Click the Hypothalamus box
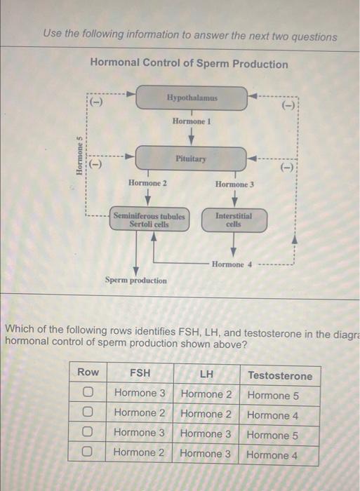(x=191, y=98)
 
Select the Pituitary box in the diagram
(x=191, y=159)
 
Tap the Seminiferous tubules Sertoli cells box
(x=149, y=220)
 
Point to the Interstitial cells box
(x=233, y=220)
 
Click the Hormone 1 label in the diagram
(x=192, y=122)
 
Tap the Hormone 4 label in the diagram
(x=228, y=264)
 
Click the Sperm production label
(x=136, y=281)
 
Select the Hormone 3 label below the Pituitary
(x=234, y=184)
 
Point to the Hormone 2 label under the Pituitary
(x=147, y=183)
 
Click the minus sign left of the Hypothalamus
(x=96, y=102)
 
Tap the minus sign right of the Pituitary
(x=286, y=168)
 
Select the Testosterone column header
(x=280, y=375)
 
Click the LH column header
(x=206, y=374)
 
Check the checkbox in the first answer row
(x=88, y=394)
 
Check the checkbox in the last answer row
(x=88, y=453)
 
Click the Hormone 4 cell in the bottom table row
(x=272, y=455)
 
